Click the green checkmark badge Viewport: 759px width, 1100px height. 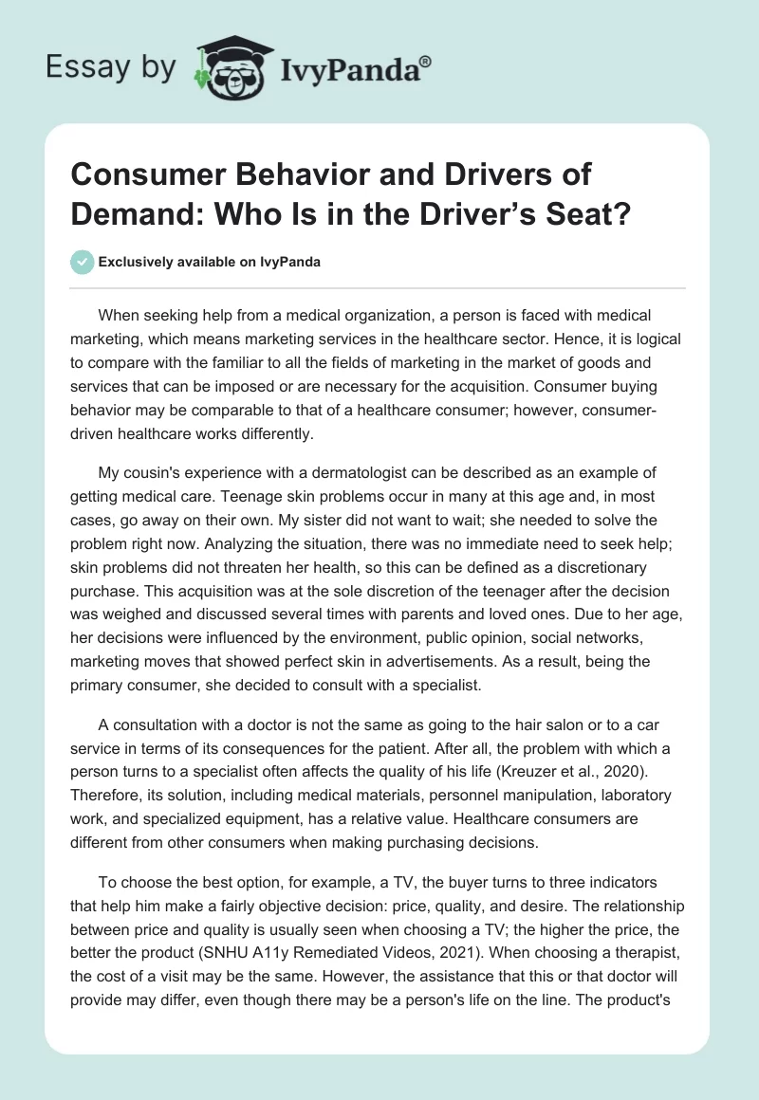pyautogui.click(x=83, y=263)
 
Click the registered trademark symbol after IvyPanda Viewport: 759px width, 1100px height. pyautogui.click(x=427, y=60)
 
